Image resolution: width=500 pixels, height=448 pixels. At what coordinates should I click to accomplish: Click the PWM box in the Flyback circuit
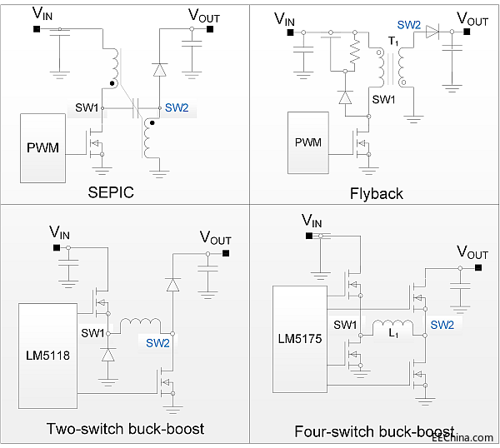point(308,142)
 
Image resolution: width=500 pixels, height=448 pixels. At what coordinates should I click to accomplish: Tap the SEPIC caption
point(112,193)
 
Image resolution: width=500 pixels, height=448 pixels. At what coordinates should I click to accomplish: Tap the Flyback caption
point(376,193)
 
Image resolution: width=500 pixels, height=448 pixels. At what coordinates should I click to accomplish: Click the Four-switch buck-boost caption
point(375,431)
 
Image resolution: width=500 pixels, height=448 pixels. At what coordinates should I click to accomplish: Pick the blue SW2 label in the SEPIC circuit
point(177,107)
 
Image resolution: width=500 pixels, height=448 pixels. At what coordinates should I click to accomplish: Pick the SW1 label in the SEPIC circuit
point(87,107)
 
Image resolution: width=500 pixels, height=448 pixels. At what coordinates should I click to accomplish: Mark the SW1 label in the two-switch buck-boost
point(93,332)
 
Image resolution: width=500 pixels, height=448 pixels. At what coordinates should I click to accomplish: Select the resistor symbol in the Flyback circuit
point(355,56)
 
